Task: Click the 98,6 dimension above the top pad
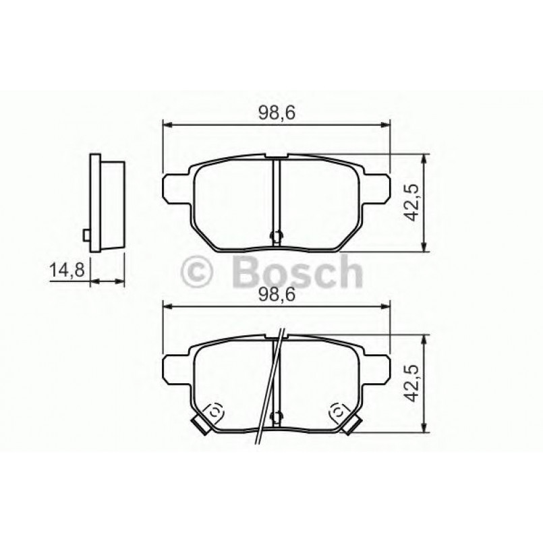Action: pos(277,114)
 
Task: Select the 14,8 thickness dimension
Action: pos(66,271)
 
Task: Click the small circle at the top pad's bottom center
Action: pos(275,235)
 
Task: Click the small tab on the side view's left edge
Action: pos(86,235)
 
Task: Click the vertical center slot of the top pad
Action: pos(275,196)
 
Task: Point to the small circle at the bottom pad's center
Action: pos(275,416)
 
